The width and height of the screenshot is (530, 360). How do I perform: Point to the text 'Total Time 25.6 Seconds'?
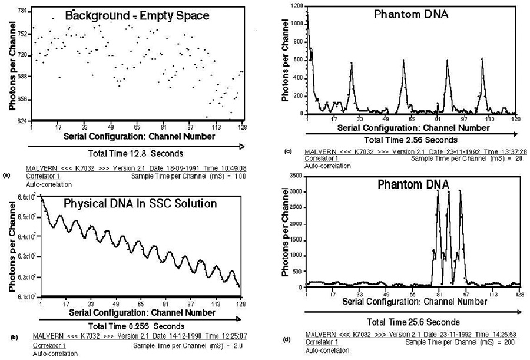[413, 322]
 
